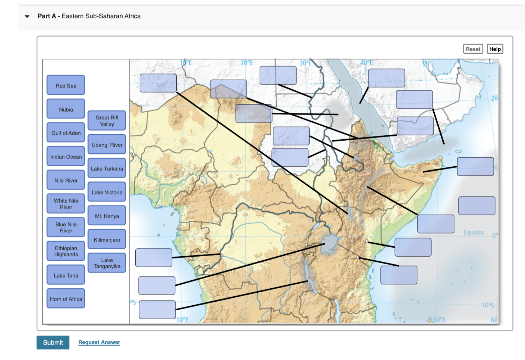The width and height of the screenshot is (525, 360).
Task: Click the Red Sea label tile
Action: (x=66, y=85)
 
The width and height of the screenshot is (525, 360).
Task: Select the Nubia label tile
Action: (x=66, y=109)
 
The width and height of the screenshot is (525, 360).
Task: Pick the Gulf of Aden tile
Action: (x=66, y=133)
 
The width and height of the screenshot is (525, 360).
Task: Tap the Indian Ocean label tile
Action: (x=66, y=157)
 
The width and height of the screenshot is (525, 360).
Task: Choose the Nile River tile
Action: (x=66, y=180)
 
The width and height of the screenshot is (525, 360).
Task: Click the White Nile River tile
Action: (x=66, y=204)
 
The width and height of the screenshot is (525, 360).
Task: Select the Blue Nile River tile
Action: (x=66, y=228)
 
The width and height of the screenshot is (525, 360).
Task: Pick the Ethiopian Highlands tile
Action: (x=66, y=251)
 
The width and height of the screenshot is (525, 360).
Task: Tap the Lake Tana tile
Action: (x=66, y=275)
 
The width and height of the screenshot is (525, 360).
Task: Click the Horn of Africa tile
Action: (x=66, y=299)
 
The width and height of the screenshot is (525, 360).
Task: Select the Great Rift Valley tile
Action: (x=107, y=121)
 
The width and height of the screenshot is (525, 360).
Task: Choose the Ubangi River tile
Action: (x=107, y=145)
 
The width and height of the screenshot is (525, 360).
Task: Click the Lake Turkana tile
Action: (x=107, y=168)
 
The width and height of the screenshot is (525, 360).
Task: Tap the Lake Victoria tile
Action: (x=107, y=192)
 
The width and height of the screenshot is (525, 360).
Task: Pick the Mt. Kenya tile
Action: (x=107, y=216)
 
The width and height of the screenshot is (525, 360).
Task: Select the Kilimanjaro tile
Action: (x=107, y=240)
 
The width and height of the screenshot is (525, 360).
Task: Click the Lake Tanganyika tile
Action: (x=107, y=263)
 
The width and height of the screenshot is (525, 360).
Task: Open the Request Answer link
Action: (x=99, y=342)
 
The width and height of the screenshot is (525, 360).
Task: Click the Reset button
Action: (x=473, y=49)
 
